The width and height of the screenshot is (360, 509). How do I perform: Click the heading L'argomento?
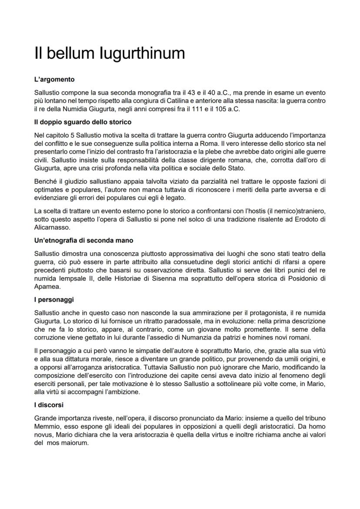(54, 80)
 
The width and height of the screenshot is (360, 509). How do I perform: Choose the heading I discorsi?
(49, 405)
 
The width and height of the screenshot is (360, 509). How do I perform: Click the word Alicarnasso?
(51, 227)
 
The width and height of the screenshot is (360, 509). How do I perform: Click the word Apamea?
(47, 287)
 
